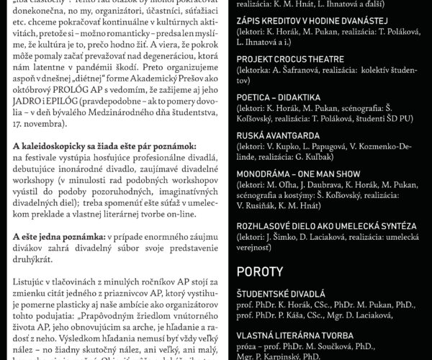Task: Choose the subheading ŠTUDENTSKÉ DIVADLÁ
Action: click(281, 294)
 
